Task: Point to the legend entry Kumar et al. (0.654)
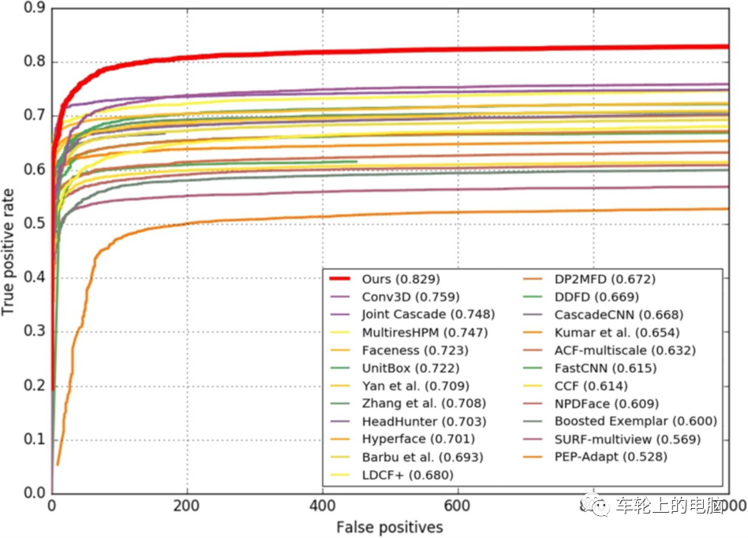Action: (x=616, y=332)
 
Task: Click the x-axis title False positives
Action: (x=389, y=527)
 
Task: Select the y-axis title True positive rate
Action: (x=9, y=251)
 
